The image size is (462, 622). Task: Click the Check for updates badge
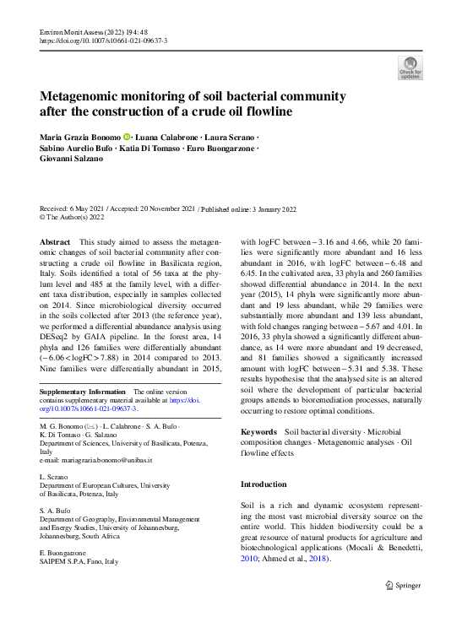tap(410, 68)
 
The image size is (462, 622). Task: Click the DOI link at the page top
tap(103, 41)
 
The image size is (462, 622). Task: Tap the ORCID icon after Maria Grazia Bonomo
tap(127, 138)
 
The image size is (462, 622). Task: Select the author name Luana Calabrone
tap(167, 138)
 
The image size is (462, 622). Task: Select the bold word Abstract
tap(55, 242)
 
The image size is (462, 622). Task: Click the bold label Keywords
tap(258, 432)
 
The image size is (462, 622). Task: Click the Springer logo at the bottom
tap(404, 584)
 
